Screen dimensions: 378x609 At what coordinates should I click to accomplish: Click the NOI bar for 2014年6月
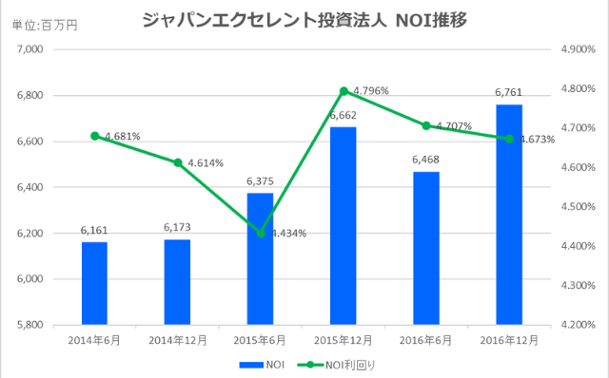[94, 283]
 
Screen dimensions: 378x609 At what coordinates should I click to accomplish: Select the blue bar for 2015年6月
[260, 258]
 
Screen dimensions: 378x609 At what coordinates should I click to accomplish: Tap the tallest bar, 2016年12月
[509, 215]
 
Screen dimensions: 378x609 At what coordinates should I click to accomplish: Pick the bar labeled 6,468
[426, 248]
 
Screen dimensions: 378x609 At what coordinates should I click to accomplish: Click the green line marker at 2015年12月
[343, 91]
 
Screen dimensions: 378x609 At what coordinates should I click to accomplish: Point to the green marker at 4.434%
[260, 234]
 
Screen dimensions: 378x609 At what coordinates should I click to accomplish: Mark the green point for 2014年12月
[177, 162]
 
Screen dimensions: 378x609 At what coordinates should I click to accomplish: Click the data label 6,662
[343, 116]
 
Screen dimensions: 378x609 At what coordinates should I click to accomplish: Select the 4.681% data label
[122, 137]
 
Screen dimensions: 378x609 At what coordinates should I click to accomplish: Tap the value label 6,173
[177, 229]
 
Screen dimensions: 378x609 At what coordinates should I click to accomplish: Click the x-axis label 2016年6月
[426, 338]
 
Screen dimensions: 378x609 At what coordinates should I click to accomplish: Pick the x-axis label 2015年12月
[343, 338]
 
